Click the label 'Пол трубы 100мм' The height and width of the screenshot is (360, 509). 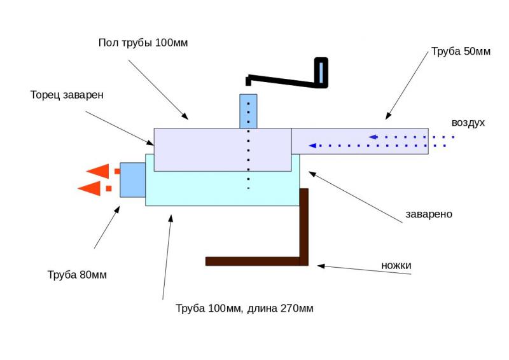[x=143, y=43]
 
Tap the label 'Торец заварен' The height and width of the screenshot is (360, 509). [x=67, y=95]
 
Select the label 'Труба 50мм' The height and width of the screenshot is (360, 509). [x=461, y=52]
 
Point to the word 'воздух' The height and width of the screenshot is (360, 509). [x=468, y=123]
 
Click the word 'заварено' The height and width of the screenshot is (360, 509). [x=429, y=214]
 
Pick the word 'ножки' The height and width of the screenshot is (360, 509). [x=396, y=265]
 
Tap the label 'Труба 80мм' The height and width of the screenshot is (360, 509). [x=77, y=275]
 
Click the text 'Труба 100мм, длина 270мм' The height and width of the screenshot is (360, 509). [x=244, y=308]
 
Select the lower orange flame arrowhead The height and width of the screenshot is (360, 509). [x=88, y=188]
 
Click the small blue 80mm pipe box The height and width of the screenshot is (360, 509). [x=132, y=180]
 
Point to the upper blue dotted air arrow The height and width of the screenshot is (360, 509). [x=411, y=137]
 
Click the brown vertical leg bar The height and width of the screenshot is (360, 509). [x=303, y=226]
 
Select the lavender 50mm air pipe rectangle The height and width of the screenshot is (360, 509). [x=359, y=141]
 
